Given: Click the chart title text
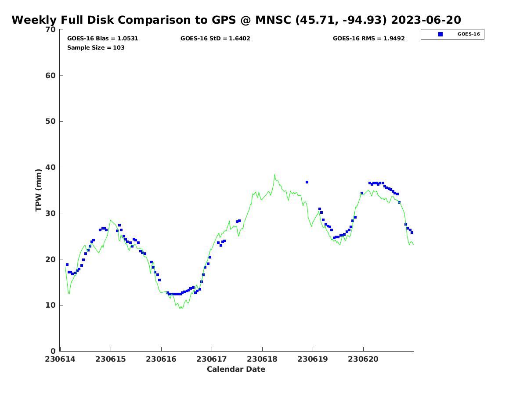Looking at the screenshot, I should [x=236, y=20].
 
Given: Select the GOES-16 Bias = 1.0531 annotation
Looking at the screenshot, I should [x=103, y=39].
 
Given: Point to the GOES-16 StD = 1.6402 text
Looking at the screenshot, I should [x=215, y=39].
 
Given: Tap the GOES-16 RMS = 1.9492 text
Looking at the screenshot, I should [x=368, y=39].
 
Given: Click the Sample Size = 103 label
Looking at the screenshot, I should [x=96, y=47].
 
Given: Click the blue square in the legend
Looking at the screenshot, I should [x=440, y=34].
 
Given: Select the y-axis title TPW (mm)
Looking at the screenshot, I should [x=39, y=190].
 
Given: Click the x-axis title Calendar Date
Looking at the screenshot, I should [x=236, y=369].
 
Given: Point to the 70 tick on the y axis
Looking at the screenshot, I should [x=51, y=29].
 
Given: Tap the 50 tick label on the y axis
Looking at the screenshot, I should [x=51, y=122].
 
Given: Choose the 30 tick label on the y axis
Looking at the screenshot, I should [x=51, y=213].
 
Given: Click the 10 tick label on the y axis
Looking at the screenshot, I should [x=51, y=305].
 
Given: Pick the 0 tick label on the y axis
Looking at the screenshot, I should [x=54, y=351].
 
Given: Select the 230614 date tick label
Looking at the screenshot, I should [x=61, y=359].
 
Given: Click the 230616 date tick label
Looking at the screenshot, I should [x=161, y=359].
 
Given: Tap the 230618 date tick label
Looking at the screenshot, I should [x=262, y=359].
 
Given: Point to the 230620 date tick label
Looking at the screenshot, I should [x=363, y=359].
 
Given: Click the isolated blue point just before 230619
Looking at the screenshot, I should [x=307, y=182].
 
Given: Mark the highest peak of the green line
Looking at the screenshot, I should [x=274, y=175].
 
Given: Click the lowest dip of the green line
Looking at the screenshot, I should [x=180, y=309].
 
